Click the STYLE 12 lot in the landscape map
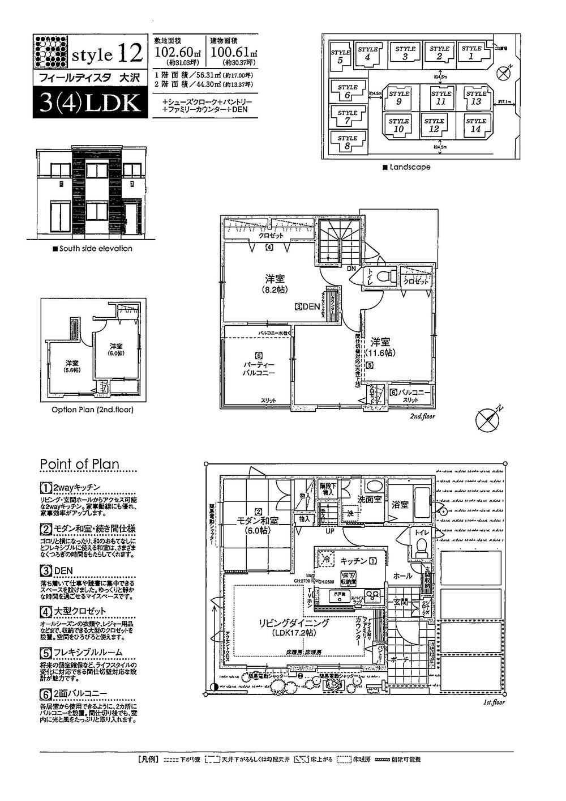point(434,125)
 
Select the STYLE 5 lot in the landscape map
point(340,57)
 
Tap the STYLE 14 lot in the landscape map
point(475,125)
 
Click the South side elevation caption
point(92,249)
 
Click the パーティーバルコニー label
point(259,369)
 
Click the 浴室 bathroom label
point(400,504)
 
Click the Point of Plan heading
point(79,464)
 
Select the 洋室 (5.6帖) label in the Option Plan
point(72,366)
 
